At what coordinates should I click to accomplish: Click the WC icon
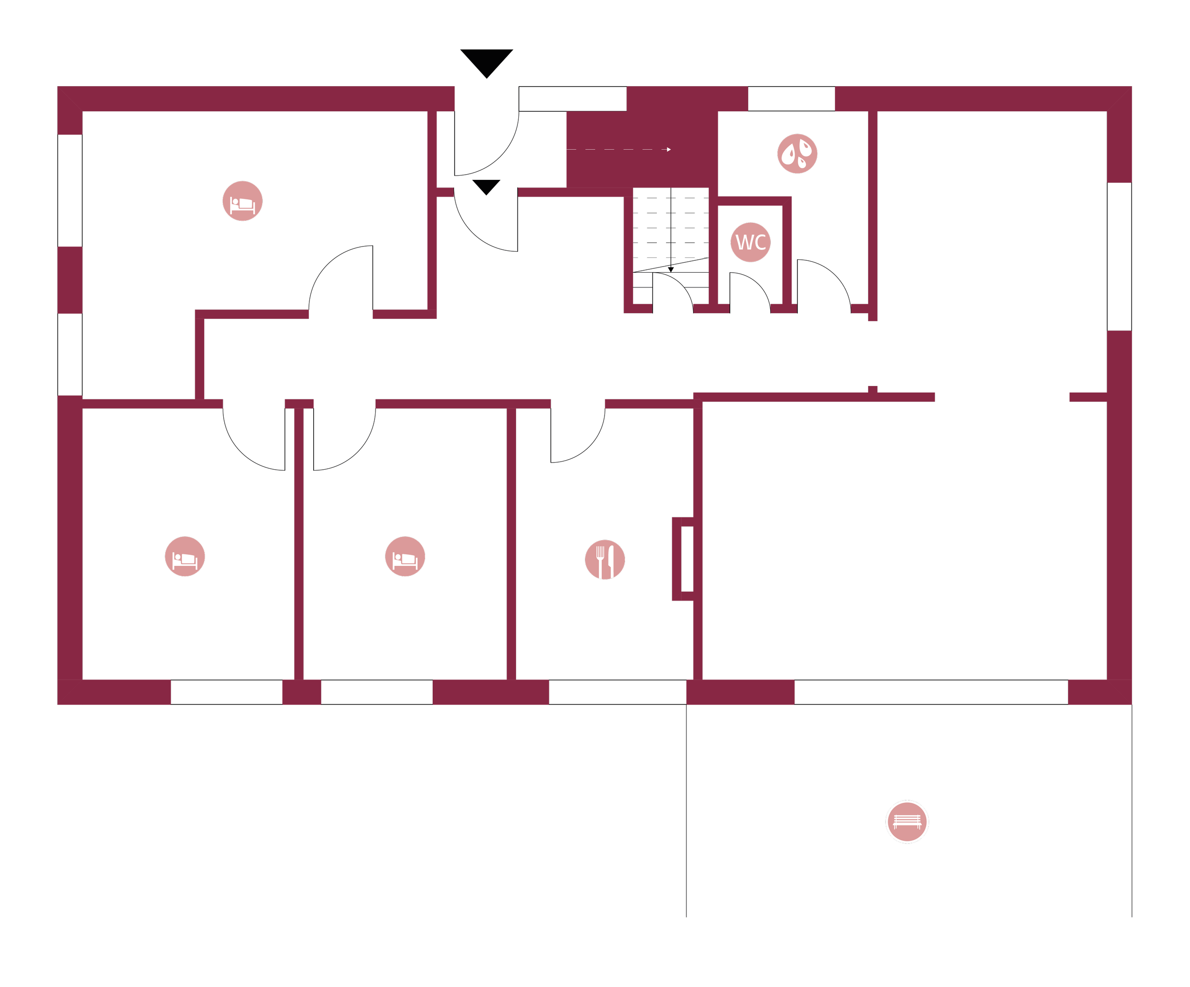(750, 242)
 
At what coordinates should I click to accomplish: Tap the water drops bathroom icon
(797, 154)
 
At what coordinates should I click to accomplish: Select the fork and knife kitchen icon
(605, 560)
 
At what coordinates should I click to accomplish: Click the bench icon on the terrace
(907, 821)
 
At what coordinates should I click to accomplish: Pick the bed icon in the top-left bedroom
(243, 201)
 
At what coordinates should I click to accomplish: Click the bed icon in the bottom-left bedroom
(185, 556)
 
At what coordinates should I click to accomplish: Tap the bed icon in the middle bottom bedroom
(405, 556)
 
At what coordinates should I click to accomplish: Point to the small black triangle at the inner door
(486, 187)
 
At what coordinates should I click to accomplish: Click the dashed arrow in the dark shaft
(619, 149)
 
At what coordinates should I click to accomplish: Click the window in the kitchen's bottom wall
(618, 692)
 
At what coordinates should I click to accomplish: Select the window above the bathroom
(791, 99)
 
